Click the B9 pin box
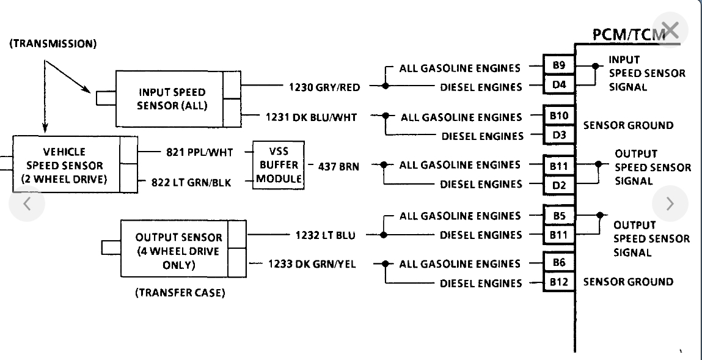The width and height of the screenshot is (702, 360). coord(559,65)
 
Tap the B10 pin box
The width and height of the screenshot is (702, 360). coord(559,115)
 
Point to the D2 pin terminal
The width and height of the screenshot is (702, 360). coord(559,183)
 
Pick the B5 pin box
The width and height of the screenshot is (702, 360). coord(559,215)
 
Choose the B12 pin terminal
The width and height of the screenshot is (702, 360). coord(559,282)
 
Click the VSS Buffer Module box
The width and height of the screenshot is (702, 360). coord(279,164)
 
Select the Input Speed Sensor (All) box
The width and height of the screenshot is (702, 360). coord(172,98)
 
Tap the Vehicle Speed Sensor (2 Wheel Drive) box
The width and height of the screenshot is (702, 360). coord(67,164)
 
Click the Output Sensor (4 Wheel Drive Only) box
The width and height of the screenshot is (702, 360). coord(177,251)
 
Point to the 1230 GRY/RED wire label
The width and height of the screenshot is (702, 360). coord(324,87)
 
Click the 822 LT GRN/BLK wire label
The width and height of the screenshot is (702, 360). coord(191,182)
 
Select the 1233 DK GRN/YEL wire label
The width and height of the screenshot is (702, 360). coord(312,264)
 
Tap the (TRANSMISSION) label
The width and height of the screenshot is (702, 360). coord(53,45)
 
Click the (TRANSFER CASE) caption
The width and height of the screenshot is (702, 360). coord(180,293)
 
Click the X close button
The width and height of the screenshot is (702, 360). coord(670,29)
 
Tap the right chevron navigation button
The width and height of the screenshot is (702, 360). coord(670,203)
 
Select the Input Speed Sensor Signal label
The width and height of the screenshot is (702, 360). coord(646,73)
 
